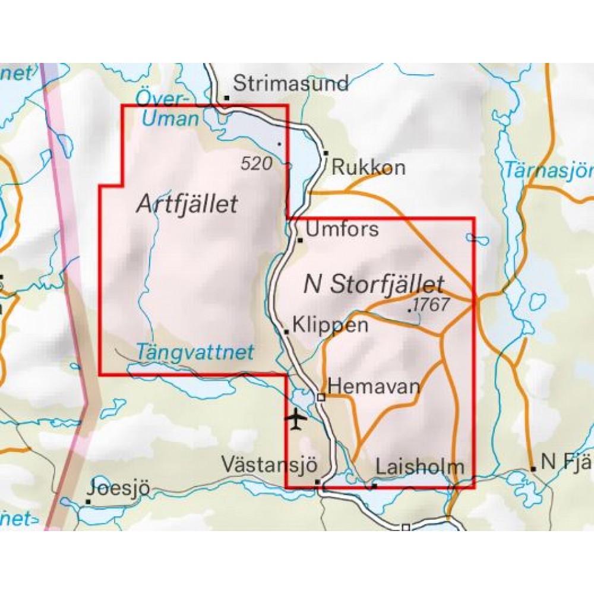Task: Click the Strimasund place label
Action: point(290,84)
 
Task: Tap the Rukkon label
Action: point(368,168)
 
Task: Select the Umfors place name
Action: point(342,229)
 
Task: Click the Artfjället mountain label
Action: point(187,204)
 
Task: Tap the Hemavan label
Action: point(374,387)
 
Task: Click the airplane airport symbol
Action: point(296,419)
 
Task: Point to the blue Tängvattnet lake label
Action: point(195,352)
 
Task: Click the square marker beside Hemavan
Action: point(321,397)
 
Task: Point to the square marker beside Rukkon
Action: point(326,154)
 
